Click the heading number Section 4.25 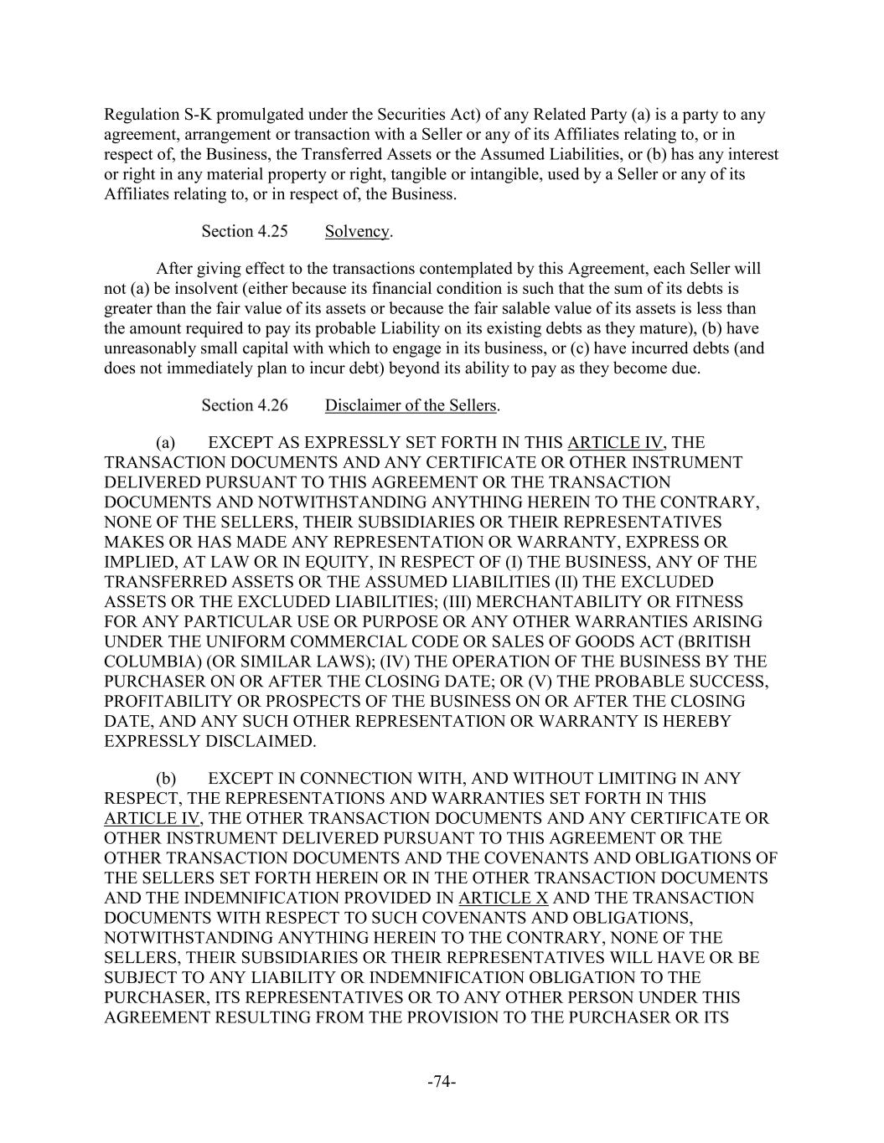tap(244, 232)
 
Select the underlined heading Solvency tap(357, 232)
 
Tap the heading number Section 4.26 tap(244, 406)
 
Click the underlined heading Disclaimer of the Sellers tap(411, 406)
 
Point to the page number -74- tap(442, 1082)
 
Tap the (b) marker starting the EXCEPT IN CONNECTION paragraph tap(165, 779)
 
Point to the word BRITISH tap(728, 641)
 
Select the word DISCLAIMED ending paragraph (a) tap(263, 741)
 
